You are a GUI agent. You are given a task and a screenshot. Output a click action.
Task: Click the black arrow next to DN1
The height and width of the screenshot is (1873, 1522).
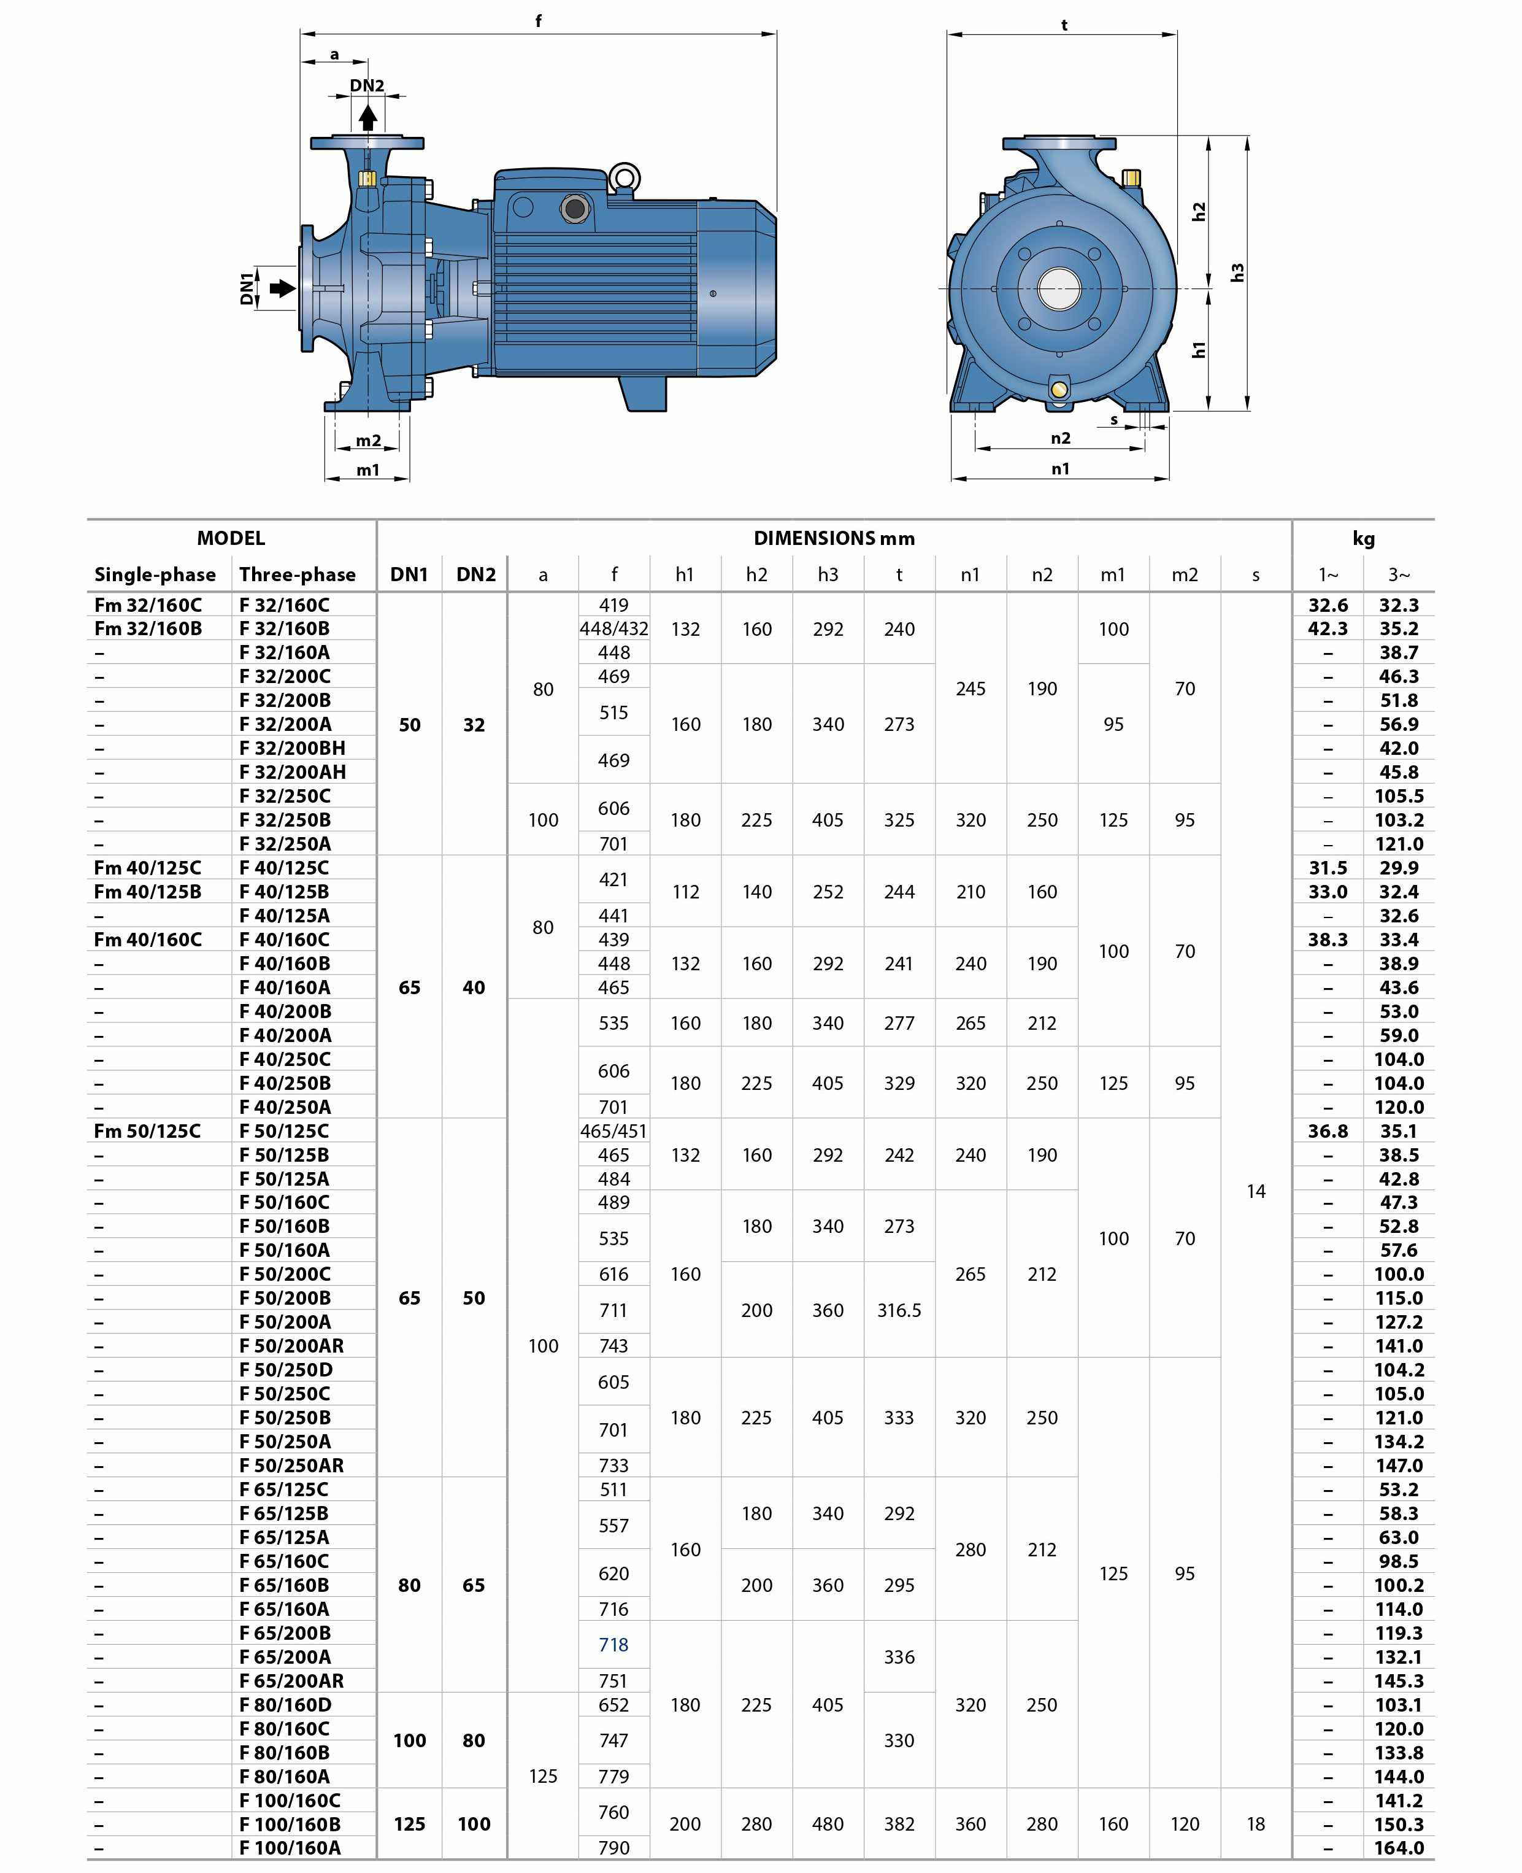click(x=282, y=288)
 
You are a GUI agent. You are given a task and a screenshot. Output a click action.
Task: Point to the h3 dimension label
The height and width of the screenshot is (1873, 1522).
click(x=1237, y=272)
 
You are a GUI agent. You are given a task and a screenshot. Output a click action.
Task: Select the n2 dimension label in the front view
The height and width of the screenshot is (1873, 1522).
click(x=1060, y=438)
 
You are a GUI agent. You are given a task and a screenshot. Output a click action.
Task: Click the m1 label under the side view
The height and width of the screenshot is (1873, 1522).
click(x=367, y=470)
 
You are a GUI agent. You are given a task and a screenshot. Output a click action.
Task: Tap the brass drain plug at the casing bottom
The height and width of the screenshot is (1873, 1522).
click(x=1059, y=388)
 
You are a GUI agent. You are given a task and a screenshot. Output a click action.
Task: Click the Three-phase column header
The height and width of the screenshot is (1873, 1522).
click(x=297, y=574)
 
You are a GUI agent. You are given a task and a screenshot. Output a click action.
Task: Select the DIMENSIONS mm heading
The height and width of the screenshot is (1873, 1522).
click(x=834, y=538)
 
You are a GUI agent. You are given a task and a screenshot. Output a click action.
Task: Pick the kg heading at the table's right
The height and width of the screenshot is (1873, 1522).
click(x=1363, y=538)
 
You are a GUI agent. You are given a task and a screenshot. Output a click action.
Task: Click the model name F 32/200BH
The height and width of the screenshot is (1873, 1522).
click(x=292, y=748)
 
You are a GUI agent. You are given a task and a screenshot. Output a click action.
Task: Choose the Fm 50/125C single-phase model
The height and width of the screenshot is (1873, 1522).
click(x=147, y=1131)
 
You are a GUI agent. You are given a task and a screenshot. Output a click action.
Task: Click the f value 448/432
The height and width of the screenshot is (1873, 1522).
click(x=613, y=628)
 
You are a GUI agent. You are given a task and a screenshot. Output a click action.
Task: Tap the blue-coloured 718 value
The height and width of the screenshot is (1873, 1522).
click(x=613, y=1645)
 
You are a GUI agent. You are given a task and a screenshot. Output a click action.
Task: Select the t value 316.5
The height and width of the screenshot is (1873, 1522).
click(x=899, y=1310)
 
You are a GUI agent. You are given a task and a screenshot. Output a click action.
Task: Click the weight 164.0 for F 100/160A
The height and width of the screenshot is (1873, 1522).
click(x=1398, y=1848)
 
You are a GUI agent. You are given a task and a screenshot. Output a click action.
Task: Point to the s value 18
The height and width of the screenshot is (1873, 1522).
click(x=1256, y=1824)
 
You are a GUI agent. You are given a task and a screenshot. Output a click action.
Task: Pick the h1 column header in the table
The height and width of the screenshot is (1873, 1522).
click(x=685, y=574)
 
